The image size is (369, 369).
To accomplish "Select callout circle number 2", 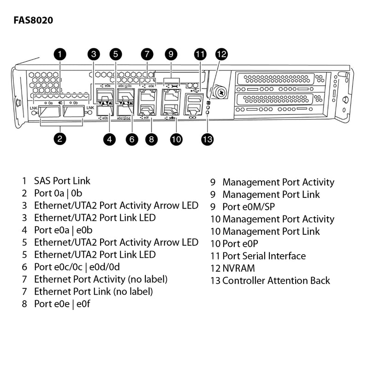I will click(x=60, y=138).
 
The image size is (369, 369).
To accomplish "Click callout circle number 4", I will click(x=109, y=139).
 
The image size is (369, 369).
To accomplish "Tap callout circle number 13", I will click(x=208, y=139).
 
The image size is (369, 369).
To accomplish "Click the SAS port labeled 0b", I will click(x=73, y=111).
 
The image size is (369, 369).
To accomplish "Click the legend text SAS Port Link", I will click(x=62, y=181).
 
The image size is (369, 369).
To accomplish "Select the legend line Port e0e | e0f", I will click(x=61, y=304).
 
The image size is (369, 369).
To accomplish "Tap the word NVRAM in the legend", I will click(x=238, y=268).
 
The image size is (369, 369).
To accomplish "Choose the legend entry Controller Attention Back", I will click(x=276, y=280).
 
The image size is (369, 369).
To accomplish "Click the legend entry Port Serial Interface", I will click(x=264, y=256).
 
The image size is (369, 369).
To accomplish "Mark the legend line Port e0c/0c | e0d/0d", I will click(x=77, y=267).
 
